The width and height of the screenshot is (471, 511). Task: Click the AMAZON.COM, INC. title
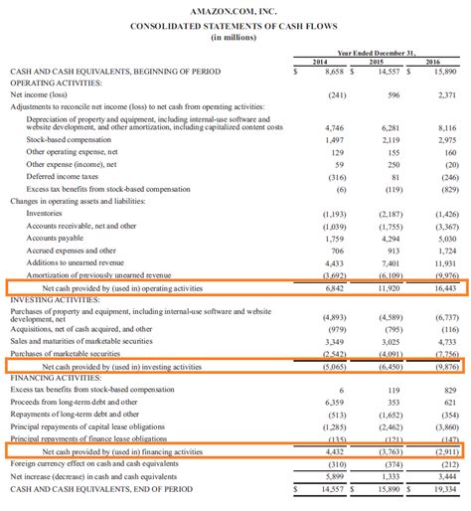coord(235,8)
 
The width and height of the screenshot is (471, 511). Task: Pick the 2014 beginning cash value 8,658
coord(329,73)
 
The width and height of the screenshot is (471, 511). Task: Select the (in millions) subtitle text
coord(235,33)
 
